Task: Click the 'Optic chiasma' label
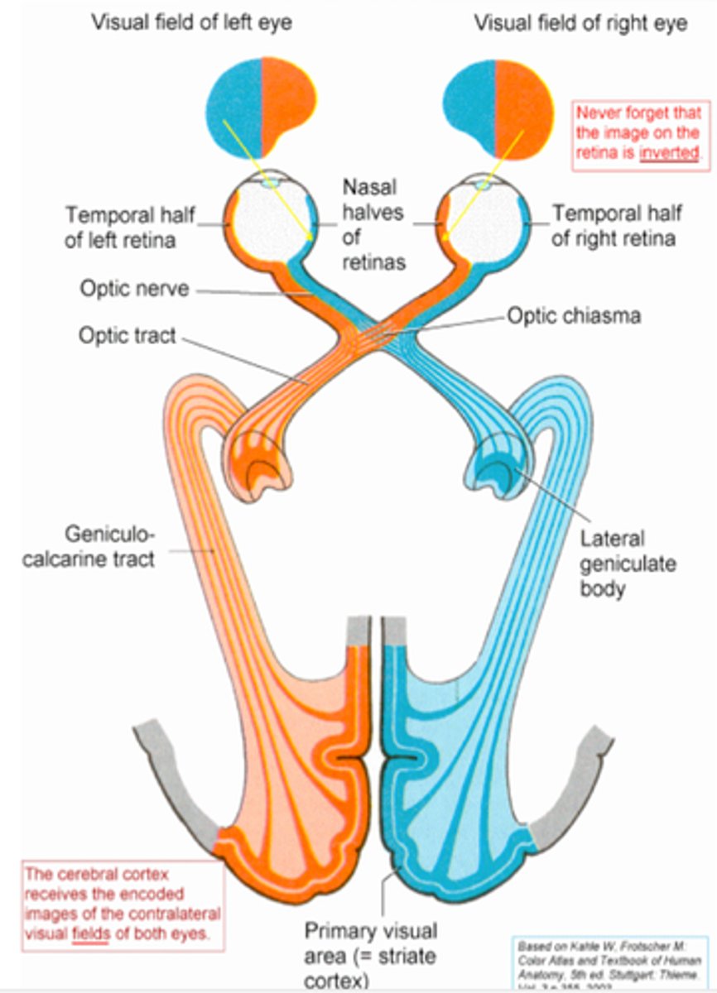click(x=573, y=316)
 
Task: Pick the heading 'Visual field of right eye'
click(x=580, y=22)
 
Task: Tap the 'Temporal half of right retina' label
click(x=617, y=226)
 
